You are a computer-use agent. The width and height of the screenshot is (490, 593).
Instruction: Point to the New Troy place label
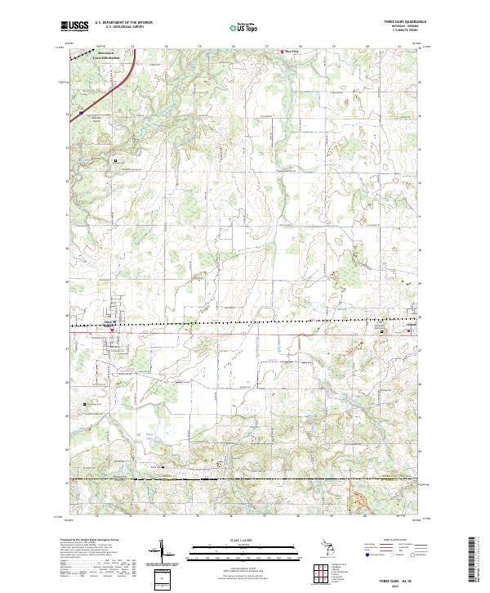click(x=292, y=52)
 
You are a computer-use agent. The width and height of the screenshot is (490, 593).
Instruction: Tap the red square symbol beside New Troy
click(x=283, y=52)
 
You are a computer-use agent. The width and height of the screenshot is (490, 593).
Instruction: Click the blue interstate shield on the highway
click(x=81, y=109)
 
